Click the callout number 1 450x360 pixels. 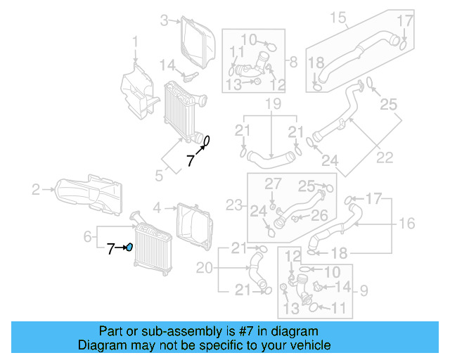click(x=136, y=47)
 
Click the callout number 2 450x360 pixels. click(x=35, y=188)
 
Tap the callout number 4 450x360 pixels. click(x=157, y=207)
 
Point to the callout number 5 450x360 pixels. click(x=159, y=172)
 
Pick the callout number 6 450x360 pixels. click(x=87, y=238)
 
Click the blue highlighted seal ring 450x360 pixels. click(x=129, y=247)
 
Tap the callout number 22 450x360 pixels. click(x=385, y=157)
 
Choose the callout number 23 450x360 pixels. click(x=234, y=205)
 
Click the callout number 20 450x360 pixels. click(x=204, y=267)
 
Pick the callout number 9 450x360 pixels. click(x=364, y=288)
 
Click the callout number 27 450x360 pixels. click(x=272, y=184)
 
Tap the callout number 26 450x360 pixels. click(x=319, y=215)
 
